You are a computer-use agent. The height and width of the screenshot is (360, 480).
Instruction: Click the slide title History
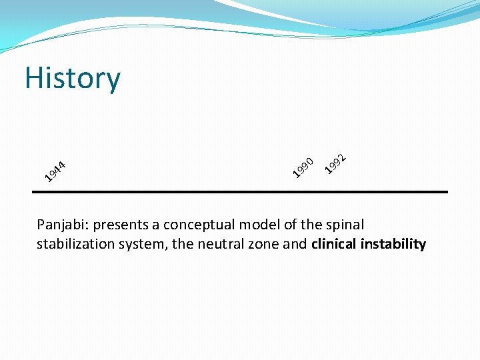(73, 78)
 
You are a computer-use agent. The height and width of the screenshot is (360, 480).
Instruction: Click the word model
(260, 225)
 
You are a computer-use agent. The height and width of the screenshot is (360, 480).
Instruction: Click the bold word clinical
(333, 244)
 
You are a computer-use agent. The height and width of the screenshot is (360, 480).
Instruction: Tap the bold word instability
(393, 244)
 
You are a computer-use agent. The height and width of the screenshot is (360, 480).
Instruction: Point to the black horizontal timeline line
(240, 192)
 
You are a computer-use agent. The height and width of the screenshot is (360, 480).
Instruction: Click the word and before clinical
(295, 244)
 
